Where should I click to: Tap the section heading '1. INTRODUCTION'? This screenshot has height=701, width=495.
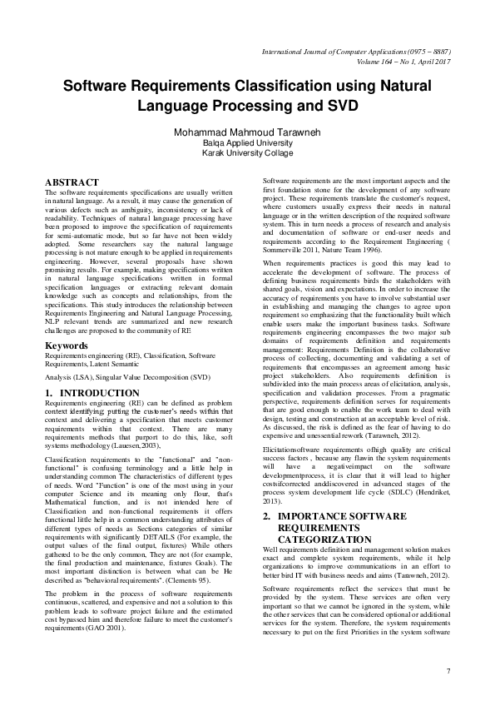coord(92,392)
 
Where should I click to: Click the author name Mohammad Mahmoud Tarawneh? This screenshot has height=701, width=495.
coord(247,132)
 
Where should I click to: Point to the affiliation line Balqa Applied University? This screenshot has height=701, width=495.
coord(247,142)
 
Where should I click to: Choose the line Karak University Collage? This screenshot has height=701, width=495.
coord(247,153)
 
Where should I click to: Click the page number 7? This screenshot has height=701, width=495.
coord(448,671)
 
